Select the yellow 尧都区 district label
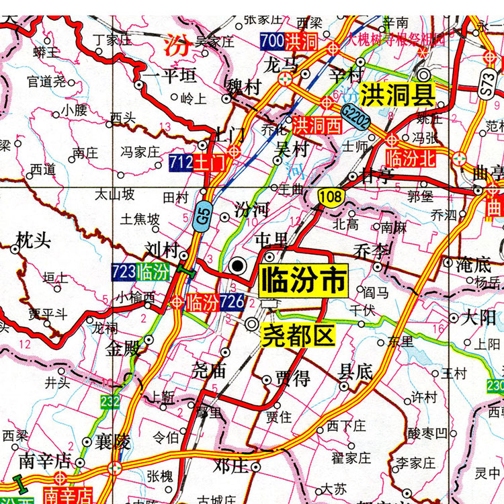click(x=297, y=335)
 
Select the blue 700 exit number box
click(x=272, y=41)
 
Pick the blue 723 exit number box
click(x=124, y=272)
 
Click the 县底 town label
click(x=356, y=371)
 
